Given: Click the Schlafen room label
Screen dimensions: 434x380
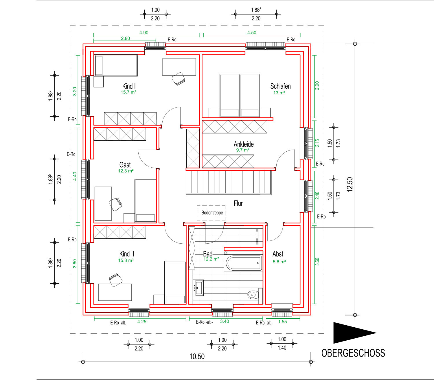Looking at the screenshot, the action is [x=280, y=86].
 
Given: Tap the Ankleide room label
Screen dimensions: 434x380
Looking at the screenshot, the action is [x=244, y=144].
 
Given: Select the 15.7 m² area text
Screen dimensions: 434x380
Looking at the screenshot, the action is [x=128, y=92].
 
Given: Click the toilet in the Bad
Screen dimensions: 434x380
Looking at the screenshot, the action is [x=253, y=295].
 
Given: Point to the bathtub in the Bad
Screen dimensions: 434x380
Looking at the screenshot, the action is [x=244, y=263].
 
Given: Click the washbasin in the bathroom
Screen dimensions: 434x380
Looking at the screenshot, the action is [x=198, y=288].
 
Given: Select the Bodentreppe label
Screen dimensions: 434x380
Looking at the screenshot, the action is [x=212, y=213].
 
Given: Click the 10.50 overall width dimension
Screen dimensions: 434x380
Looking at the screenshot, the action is [x=197, y=357].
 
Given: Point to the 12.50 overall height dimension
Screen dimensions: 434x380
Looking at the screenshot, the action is [x=350, y=185].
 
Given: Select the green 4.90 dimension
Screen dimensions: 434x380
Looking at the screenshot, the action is [x=144, y=32].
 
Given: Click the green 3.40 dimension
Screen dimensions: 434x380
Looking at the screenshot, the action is [x=225, y=321].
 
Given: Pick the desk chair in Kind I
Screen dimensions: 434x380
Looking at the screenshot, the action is [x=178, y=78].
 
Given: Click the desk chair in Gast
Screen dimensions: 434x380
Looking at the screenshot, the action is [x=116, y=204].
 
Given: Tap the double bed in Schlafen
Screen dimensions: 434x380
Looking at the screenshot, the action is [x=240, y=96].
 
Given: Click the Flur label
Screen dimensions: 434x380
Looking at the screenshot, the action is [x=238, y=203].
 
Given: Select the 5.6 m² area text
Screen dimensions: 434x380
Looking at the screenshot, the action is [x=279, y=262].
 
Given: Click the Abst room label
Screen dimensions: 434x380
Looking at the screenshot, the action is [x=278, y=254].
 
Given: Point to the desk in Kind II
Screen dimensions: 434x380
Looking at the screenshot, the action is [x=115, y=292].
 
